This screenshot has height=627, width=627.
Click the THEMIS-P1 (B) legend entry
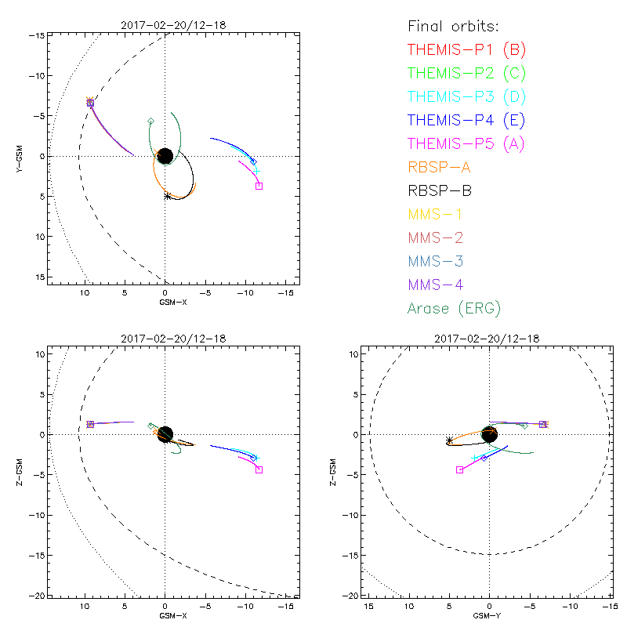pos(467,49)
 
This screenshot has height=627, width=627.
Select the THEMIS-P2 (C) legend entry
pos(467,73)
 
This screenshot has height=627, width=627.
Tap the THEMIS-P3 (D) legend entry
pos(467,96)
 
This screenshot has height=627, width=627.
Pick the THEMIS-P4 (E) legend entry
pos(467,120)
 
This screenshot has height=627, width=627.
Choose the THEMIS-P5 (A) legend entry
pos(467,143)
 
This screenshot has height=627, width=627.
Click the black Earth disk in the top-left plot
pos(165,156)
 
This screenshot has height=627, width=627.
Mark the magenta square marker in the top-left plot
pos(259,186)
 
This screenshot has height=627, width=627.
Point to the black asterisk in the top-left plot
pos(168,195)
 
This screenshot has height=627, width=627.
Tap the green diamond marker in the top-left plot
pos(150,121)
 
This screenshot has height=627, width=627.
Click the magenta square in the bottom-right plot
pos(459,469)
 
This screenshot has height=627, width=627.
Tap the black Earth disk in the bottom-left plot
pos(165,434)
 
